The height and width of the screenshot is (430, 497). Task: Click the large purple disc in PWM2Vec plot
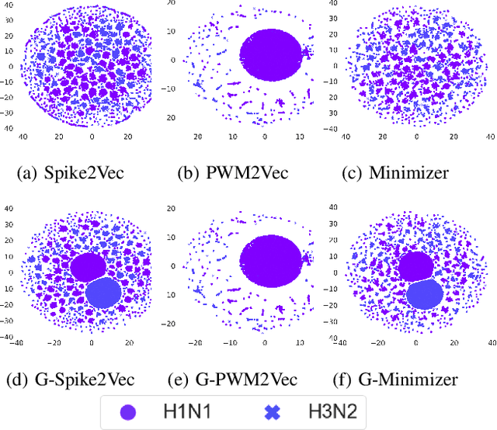[x=268, y=54]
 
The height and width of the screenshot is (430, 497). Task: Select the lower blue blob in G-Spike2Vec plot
[x=104, y=294]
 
